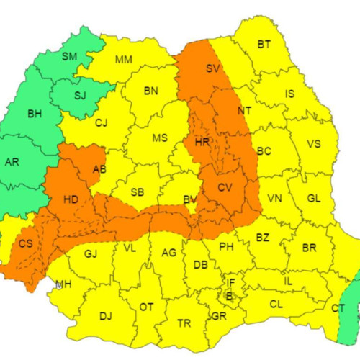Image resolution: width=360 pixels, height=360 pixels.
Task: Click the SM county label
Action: click(x=70, y=56)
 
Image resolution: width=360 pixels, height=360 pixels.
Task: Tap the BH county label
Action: click(x=35, y=114)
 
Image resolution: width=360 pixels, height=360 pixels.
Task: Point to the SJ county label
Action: click(x=79, y=94)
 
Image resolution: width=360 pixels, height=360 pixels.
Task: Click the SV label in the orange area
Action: click(x=212, y=69)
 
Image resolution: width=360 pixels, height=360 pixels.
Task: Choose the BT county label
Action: click(x=264, y=45)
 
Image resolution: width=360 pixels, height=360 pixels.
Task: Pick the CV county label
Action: click(x=225, y=188)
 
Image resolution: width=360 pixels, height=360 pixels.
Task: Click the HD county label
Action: click(x=71, y=199)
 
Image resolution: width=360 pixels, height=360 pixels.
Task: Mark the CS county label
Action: click(x=25, y=243)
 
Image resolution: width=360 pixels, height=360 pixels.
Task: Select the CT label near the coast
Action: click(x=338, y=308)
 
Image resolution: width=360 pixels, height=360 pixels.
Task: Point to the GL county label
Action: click(x=314, y=199)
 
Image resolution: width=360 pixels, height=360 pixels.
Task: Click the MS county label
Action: click(x=159, y=138)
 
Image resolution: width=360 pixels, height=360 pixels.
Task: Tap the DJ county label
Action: click(x=106, y=315)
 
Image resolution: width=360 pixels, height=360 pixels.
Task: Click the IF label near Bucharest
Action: click(x=230, y=282)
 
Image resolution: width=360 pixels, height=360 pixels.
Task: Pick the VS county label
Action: click(x=313, y=143)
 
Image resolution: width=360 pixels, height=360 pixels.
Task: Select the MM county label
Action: click(x=123, y=58)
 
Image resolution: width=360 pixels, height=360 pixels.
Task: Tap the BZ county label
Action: click(x=262, y=237)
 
